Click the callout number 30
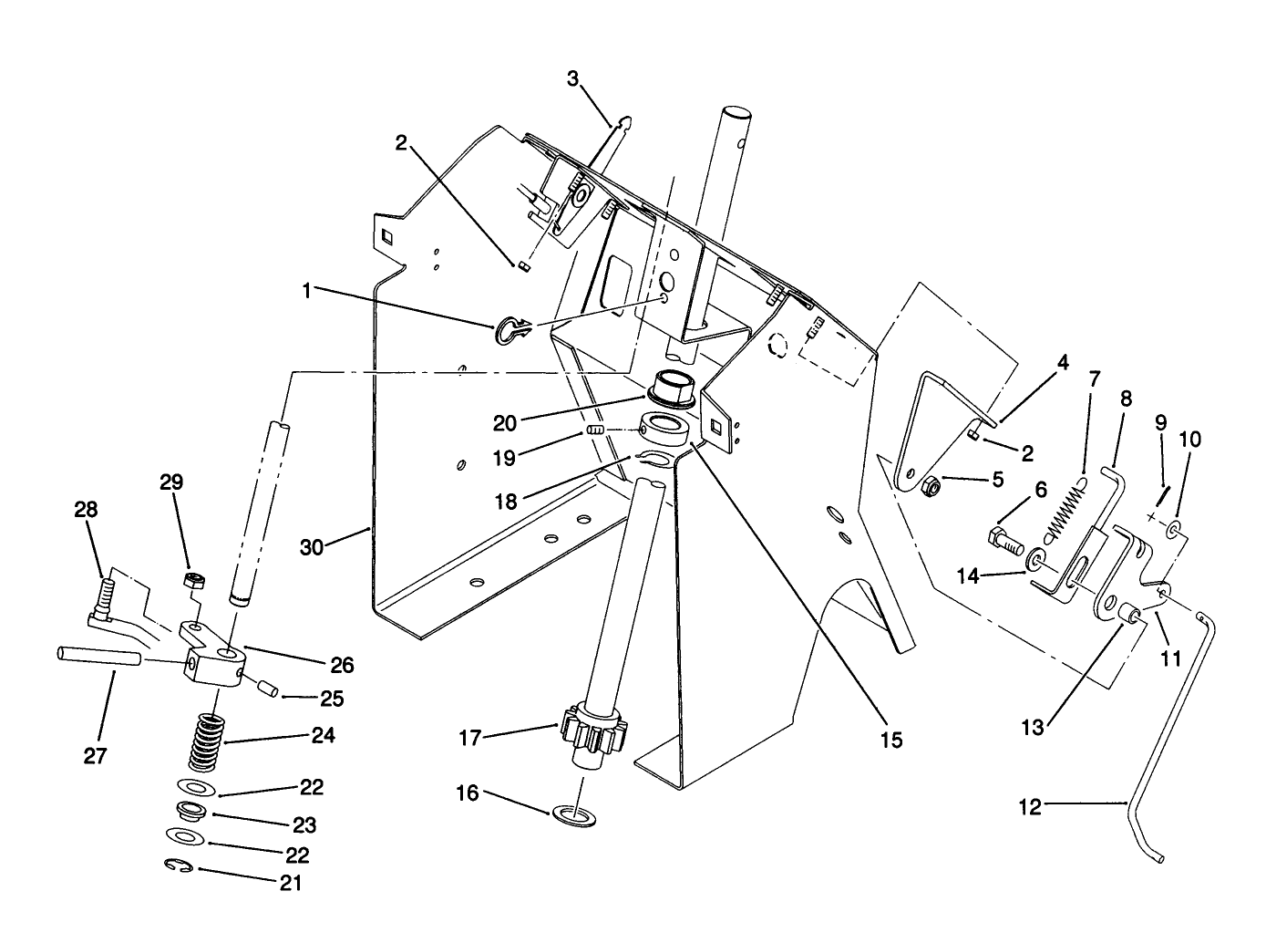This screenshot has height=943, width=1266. click(314, 547)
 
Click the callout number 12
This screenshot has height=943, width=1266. click(1029, 807)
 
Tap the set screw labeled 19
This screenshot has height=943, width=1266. click(596, 430)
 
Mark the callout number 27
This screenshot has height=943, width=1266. click(95, 754)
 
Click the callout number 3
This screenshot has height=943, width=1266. click(572, 78)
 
